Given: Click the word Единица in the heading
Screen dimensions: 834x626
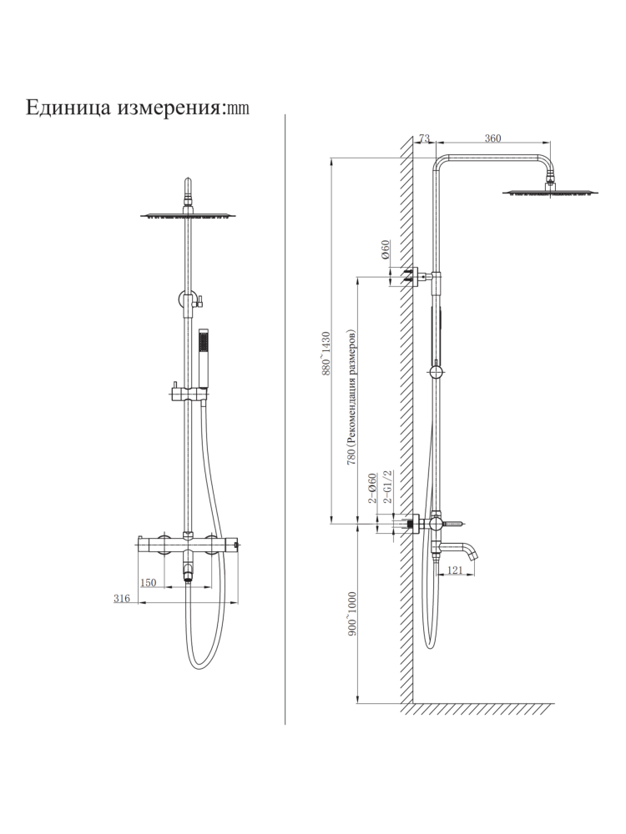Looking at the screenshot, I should point(68,108).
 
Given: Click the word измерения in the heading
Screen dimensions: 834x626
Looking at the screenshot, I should point(166,108).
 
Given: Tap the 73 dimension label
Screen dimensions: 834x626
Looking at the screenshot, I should point(423,138).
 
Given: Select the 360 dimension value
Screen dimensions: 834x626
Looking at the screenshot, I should point(492,138).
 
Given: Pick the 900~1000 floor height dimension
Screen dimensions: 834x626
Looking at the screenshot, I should point(352,615).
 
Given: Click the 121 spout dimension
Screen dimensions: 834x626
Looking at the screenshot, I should point(455,570).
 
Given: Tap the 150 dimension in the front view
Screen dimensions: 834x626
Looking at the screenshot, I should point(149,583).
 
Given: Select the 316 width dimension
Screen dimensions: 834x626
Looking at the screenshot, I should point(123,599).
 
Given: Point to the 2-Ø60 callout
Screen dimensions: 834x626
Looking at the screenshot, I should point(373,488).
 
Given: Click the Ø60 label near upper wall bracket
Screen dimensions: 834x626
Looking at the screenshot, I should point(386,250).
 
